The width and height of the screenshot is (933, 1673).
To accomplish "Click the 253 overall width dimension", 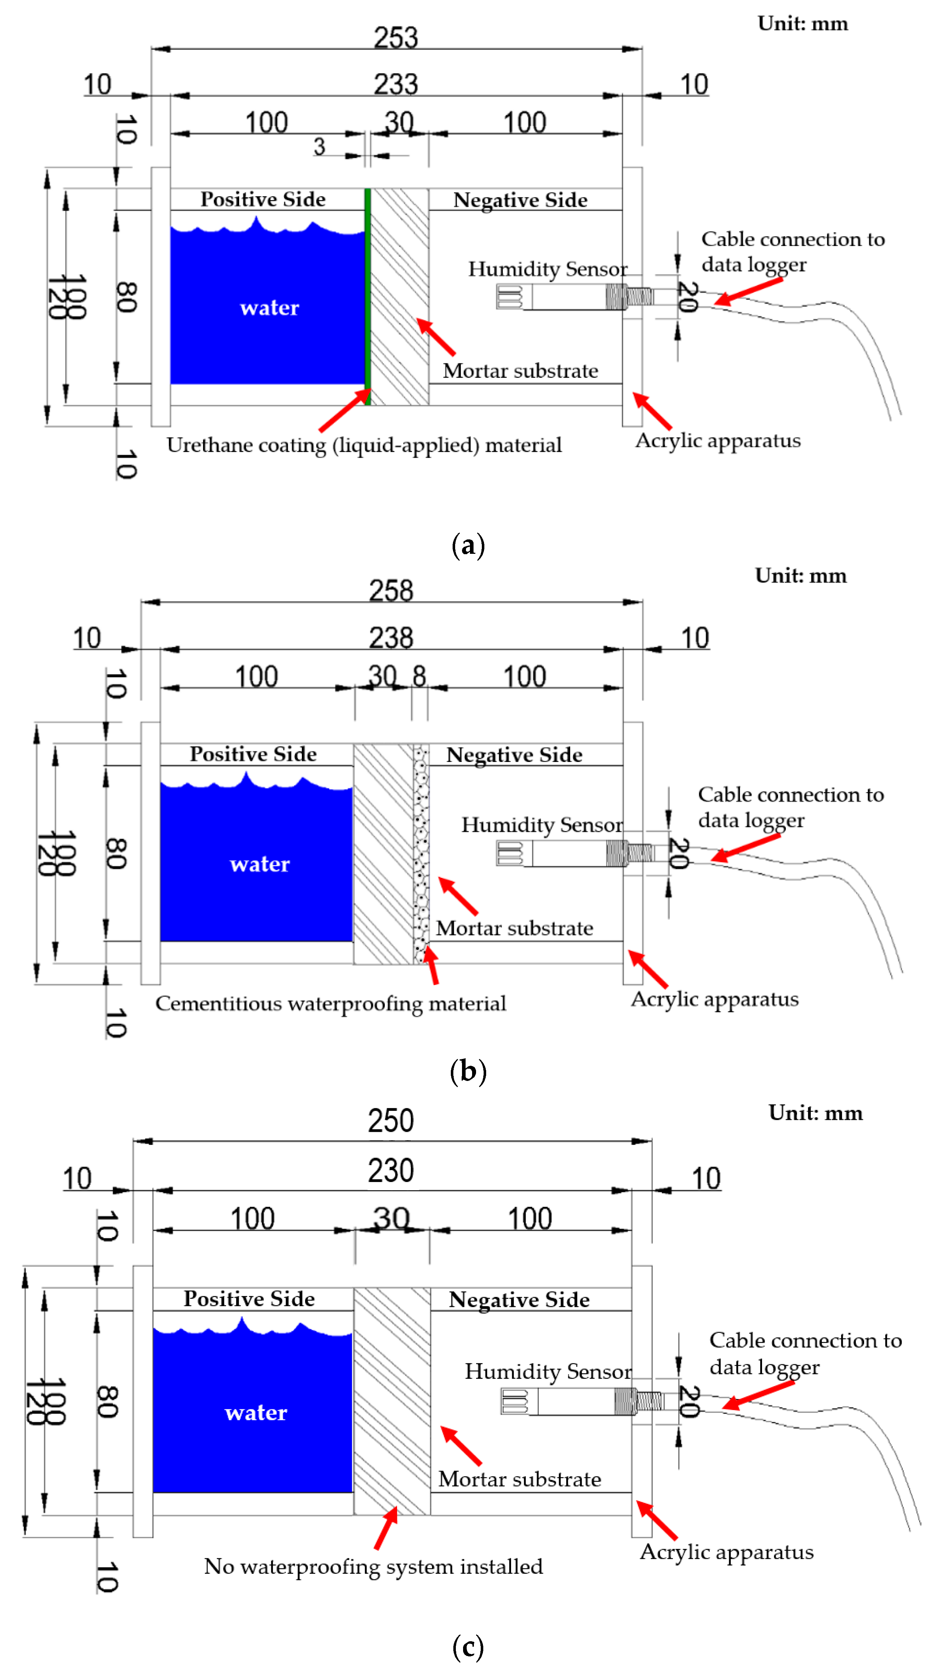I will pos(395,37).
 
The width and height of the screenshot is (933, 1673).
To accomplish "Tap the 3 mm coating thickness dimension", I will pos(319,147).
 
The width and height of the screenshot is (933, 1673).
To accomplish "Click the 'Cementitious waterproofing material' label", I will pos(330,1003).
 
